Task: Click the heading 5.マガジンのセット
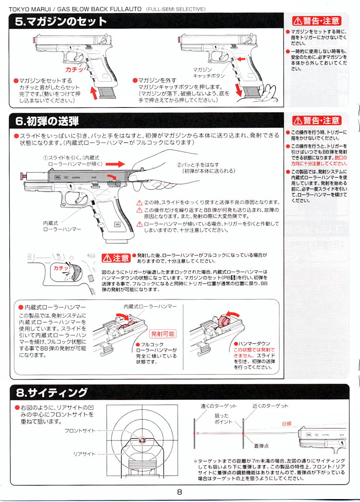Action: tap(61, 22)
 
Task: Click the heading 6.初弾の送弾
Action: tap(47, 121)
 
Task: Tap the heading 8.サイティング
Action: tap(52, 393)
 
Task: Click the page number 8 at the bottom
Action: tap(179, 492)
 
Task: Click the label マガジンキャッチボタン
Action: tap(209, 73)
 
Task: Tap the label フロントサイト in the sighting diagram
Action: tap(80, 430)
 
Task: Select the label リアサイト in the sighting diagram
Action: tap(84, 454)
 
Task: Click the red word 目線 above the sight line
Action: tap(287, 424)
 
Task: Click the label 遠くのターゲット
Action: tap(219, 406)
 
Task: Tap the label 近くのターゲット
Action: tap(271, 406)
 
